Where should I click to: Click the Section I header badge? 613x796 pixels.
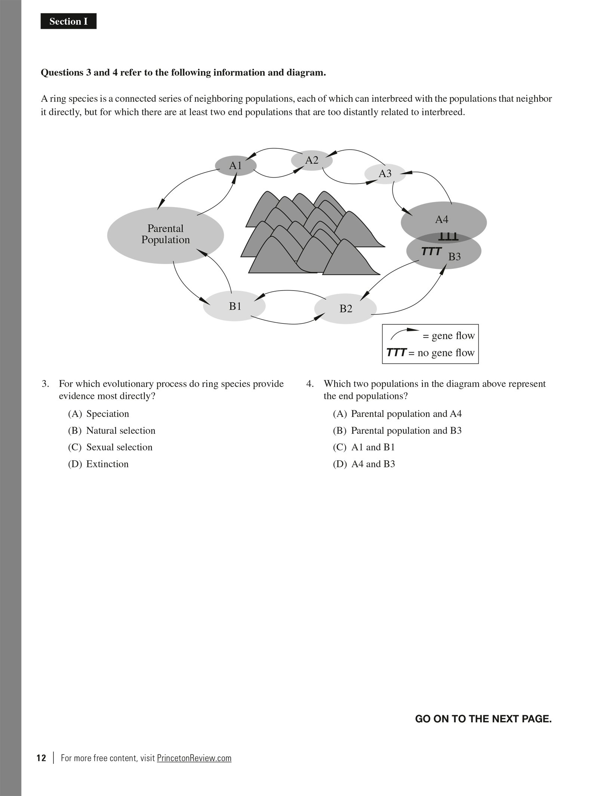pyautogui.click(x=68, y=21)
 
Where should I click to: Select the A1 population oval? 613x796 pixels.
pyautogui.click(x=235, y=165)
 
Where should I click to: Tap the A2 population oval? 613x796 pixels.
pyautogui.click(x=312, y=160)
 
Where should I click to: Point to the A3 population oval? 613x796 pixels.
pyautogui.click(x=385, y=173)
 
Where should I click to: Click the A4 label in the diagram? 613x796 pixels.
pyautogui.click(x=441, y=219)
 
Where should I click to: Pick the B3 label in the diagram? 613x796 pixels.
pyautogui.click(x=455, y=257)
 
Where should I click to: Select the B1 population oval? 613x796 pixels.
pyautogui.click(x=234, y=306)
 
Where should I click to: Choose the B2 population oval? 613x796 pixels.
pyautogui.click(x=345, y=308)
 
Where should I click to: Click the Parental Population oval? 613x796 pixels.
pyautogui.click(x=165, y=235)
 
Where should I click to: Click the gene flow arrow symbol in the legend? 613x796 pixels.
pyautogui.click(x=404, y=333)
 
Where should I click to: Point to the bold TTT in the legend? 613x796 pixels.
pyautogui.click(x=396, y=353)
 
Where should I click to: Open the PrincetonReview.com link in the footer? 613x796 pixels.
pyautogui.click(x=194, y=758)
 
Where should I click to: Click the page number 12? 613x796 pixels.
pyautogui.click(x=41, y=758)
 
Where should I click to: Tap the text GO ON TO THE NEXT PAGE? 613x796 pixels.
pyautogui.click(x=483, y=719)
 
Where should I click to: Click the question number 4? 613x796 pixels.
pyautogui.click(x=309, y=384)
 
